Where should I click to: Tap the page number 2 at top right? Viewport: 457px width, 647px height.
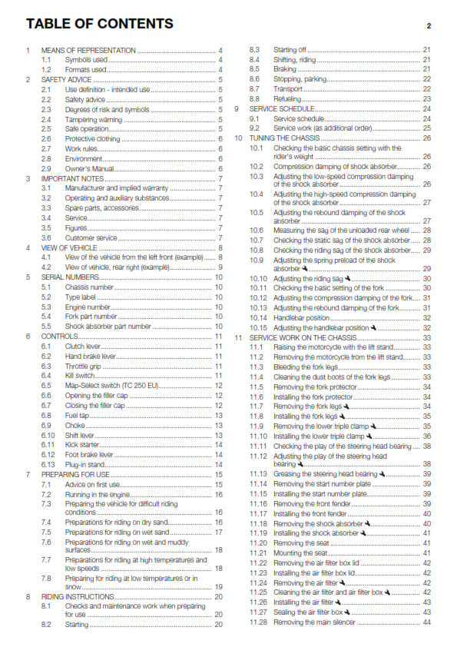click(429, 25)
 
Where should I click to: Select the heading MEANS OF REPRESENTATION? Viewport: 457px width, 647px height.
click(88, 50)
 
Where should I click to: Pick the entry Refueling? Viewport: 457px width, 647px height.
click(288, 99)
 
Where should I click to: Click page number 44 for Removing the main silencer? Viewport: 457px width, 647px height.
click(426, 622)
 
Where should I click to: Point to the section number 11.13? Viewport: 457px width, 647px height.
click(257, 474)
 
